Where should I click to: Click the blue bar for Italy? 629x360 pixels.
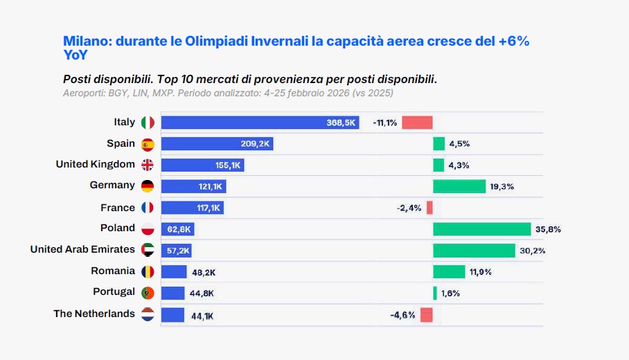pyautogui.click(x=260, y=123)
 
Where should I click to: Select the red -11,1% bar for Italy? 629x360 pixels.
pyautogui.click(x=417, y=123)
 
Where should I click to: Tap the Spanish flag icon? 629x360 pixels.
pyautogui.click(x=148, y=144)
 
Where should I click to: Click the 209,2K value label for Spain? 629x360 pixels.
pyautogui.click(x=256, y=144)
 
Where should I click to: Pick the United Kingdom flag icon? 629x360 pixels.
pyautogui.click(x=148, y=165)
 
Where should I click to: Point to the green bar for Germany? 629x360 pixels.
pyautogui.click(x=459, y=186)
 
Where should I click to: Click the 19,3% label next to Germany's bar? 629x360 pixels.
pyautogui.click(x=502, y=186)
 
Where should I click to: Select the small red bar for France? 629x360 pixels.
pyautogui.click(x=429, y=208)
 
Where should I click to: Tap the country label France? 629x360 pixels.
pyautogui.click(x=118, y=208)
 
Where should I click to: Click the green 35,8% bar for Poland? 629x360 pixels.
pyautogui.click(x=481, y=229)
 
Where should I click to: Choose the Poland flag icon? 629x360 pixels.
pyautogui.click(x=148, y=229)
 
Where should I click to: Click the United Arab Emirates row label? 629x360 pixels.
pyautogui.click(x=82, y=249)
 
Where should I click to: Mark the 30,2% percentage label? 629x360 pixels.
pyautogui.click(x=533, y=251)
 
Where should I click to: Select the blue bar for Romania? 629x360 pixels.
pyautogui.click(x=174, y=272)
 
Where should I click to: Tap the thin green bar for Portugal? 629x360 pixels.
pyautogui.click(x=435, y=293)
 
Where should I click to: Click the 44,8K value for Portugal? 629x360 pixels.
pyautogui.click(x=203, y=293)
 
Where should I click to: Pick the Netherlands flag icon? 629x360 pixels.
pyautogui.click(x=148, y=314)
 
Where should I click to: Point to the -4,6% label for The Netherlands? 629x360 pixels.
pyautogui.click(x=402, y=315)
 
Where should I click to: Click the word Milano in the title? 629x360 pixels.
pyautogui.click(x=87, y=42)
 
